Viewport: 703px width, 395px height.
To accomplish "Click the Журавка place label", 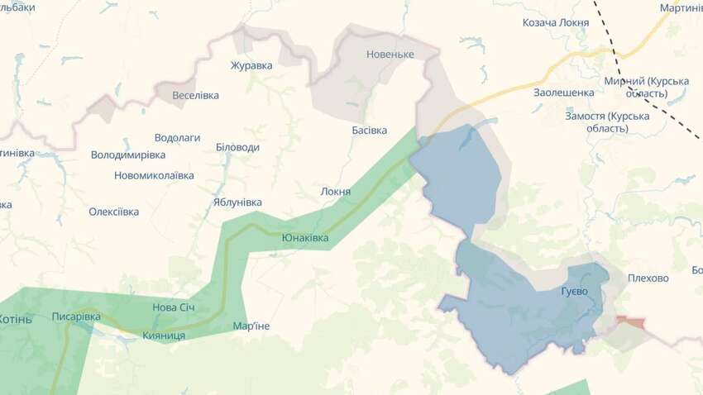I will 251,66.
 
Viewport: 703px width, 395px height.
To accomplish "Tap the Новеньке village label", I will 390,55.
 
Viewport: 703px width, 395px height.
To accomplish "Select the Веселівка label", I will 195,95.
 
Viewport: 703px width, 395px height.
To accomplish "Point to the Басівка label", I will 369,131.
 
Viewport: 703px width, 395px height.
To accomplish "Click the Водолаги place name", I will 177,138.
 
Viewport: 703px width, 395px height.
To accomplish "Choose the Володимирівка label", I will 128,155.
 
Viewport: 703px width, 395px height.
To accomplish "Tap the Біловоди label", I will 237,147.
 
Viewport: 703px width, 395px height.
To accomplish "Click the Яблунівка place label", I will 237,202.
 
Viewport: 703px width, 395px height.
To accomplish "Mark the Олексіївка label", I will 114,212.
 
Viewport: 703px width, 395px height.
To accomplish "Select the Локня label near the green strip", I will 336,192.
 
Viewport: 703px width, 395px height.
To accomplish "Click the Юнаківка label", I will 305,238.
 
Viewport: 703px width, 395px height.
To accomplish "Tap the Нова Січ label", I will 174,307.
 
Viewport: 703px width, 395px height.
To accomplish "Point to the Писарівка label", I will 76,316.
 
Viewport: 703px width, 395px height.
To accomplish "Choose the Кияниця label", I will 164,336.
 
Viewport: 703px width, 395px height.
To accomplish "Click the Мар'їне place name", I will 251,326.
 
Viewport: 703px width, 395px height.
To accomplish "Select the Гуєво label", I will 575,293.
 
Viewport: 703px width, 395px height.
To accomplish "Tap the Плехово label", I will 648,278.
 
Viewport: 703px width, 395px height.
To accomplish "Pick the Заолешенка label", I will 564,93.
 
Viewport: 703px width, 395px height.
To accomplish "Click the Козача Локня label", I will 556,22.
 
